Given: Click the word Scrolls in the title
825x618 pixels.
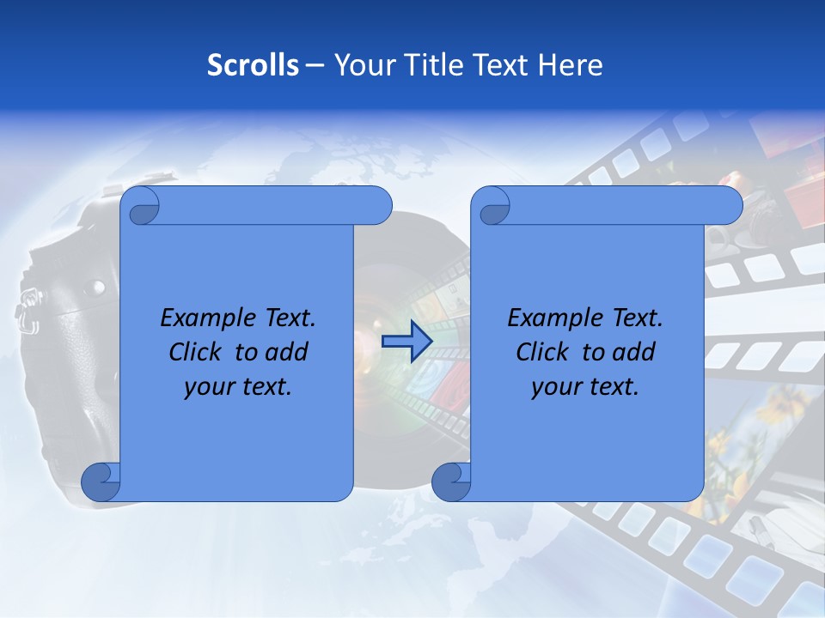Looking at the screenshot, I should click(x=253, y=65).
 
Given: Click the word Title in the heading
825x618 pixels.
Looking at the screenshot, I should click(x=433, y=65).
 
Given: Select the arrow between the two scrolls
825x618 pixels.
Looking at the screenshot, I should click(x=406, y=342).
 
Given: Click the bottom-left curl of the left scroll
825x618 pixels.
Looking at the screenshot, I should click(x=101, y=482).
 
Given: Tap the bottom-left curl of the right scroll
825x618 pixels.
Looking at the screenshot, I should click(x=451, y=482).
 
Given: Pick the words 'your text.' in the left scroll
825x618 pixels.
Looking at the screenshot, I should click(x=237, y=386).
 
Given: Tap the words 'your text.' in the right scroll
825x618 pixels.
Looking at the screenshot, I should click(x=584, y=386).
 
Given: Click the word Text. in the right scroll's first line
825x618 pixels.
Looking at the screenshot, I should click(x=632, y=318).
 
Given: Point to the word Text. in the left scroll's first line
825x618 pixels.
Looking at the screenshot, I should click(x=285, y=318).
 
